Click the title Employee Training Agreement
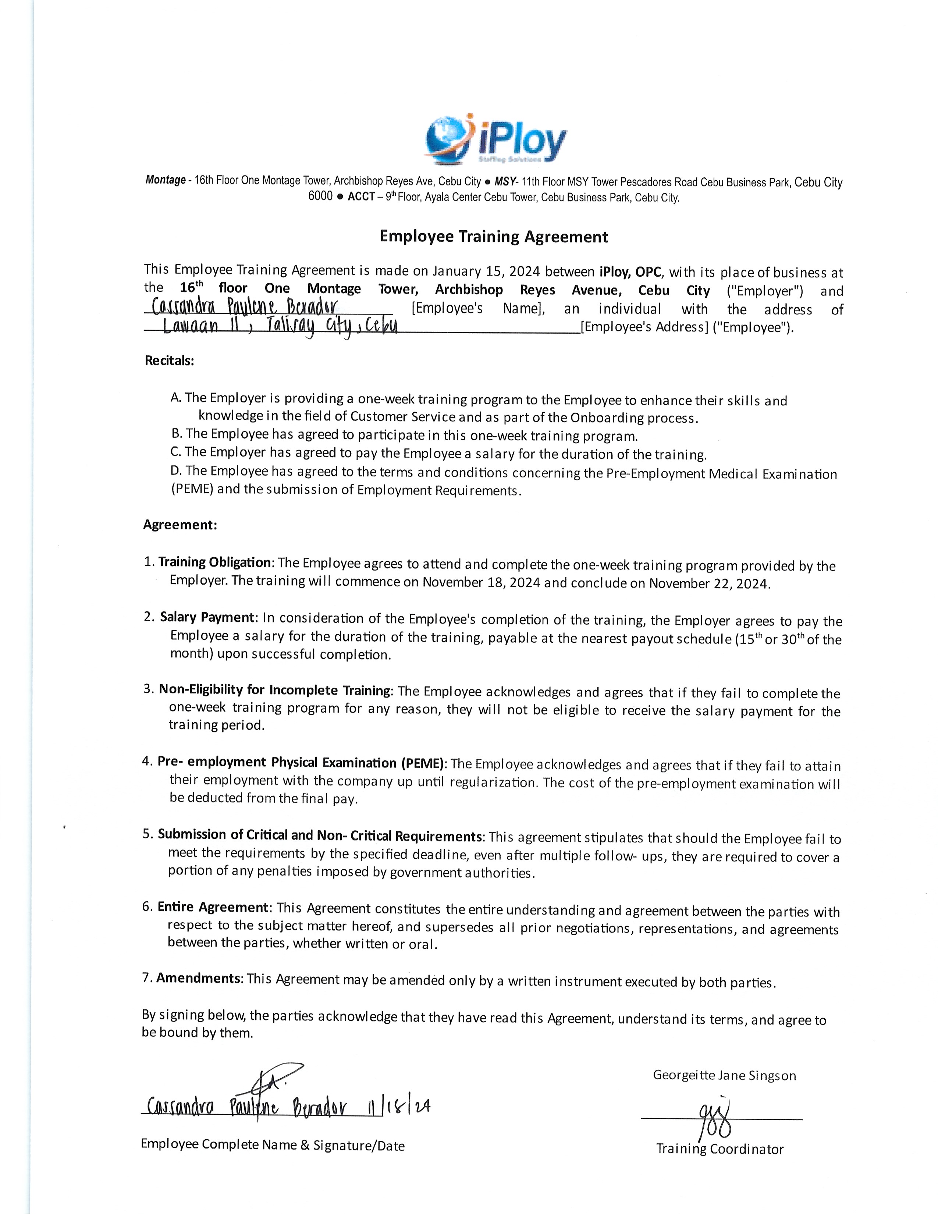pos(493,237)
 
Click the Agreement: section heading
pos(180,525)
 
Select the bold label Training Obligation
pos(214,562)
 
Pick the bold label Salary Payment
pos(207,618)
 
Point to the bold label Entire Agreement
pos(213,908)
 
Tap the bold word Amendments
pos(198,978)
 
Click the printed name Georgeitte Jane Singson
pos(724,1076)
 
